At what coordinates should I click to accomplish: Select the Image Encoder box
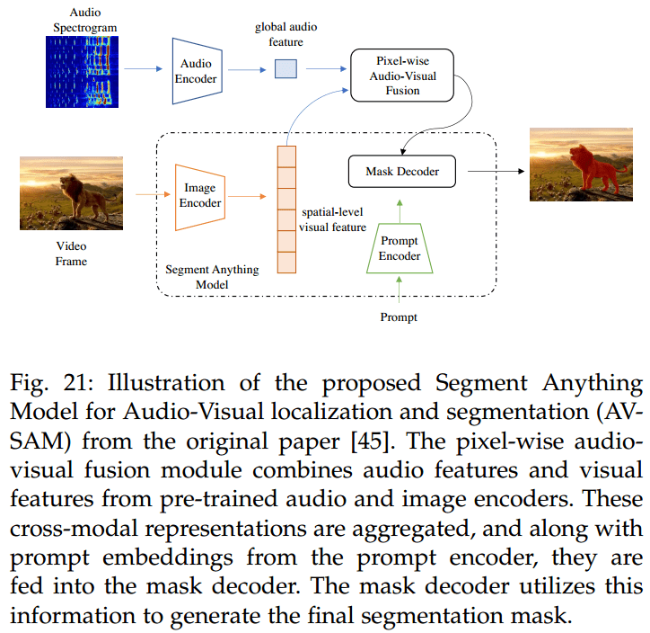(x=199, y=194)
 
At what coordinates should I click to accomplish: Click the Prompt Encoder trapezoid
(x=400, y=249)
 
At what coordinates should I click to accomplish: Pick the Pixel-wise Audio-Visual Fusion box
(x=403, y=76)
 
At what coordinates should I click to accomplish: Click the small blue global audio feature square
(x=285, y=68)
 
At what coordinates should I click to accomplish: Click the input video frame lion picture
(x=71, y=192)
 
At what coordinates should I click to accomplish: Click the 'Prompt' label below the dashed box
(x=399, y=316)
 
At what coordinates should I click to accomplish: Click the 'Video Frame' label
(x=71, y=253)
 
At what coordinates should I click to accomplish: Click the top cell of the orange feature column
(x=286, y=156)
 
